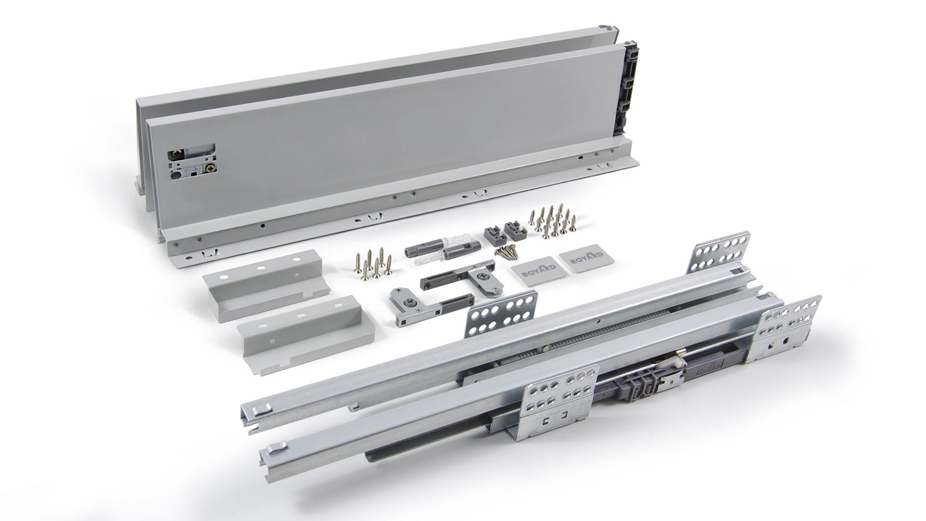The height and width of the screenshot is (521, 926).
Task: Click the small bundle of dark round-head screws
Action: coord(504,252)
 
